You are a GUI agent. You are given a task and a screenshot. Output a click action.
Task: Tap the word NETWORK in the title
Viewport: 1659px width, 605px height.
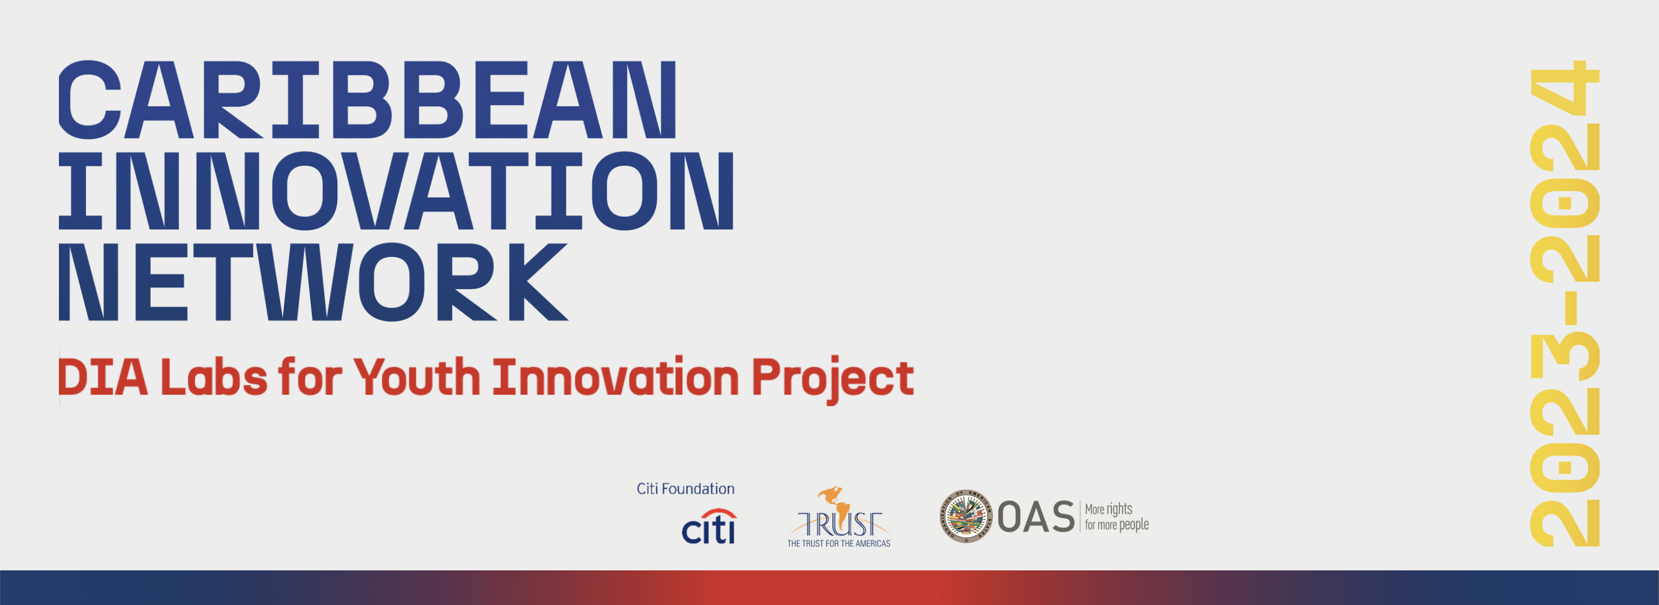314,282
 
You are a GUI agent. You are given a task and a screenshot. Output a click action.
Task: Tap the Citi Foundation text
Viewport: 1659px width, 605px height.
685,489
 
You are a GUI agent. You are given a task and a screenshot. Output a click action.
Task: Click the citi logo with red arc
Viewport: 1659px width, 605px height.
709,526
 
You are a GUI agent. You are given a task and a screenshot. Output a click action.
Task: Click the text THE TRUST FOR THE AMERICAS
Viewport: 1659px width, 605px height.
839,544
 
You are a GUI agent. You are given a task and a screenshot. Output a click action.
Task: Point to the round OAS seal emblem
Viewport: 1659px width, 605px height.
965,516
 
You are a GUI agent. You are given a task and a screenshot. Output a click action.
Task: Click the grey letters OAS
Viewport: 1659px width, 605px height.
1036,517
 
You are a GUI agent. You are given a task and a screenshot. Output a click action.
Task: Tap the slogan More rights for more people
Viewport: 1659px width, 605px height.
1117,517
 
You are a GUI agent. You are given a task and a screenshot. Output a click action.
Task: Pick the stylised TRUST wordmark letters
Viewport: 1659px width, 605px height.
839,525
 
